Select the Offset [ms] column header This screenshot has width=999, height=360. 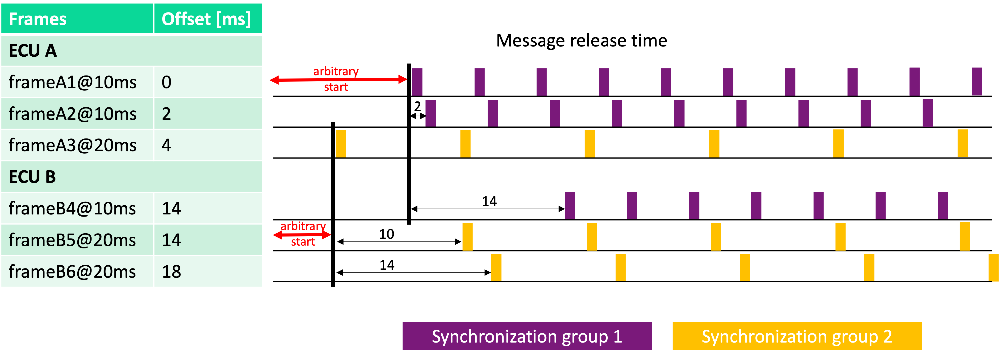pos(206,19)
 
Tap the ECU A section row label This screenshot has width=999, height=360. pos(33,51)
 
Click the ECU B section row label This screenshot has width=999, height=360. pos(33,177)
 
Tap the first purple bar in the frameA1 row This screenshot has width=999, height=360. pos(417,82)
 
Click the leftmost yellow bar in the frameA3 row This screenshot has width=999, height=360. pos(341,143)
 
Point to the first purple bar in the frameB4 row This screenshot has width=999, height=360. pos(570,205)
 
